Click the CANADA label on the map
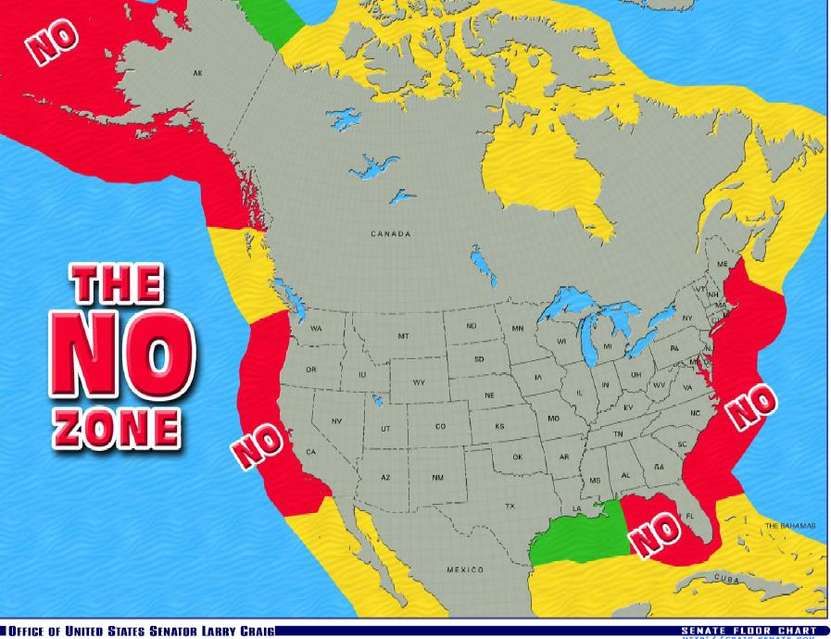click(390, 234)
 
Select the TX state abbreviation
click(509, 506)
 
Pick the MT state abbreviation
click(403, 336)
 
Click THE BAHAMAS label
click(790, 525)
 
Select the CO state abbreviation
click(440, 426)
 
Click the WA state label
click(316, 329)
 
